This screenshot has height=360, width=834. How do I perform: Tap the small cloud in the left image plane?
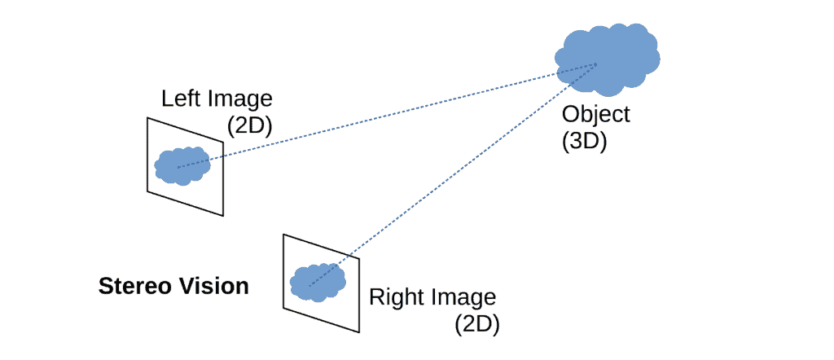183,166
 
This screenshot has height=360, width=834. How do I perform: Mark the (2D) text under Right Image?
476,323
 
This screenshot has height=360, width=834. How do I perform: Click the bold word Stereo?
132,287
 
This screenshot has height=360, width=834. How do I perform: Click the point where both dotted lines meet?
597,64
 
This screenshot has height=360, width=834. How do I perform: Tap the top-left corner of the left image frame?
147,118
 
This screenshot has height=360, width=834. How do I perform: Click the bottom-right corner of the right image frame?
358,332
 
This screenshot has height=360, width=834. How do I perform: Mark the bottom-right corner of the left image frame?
222,216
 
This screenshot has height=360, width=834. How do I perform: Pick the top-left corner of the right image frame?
283,235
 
